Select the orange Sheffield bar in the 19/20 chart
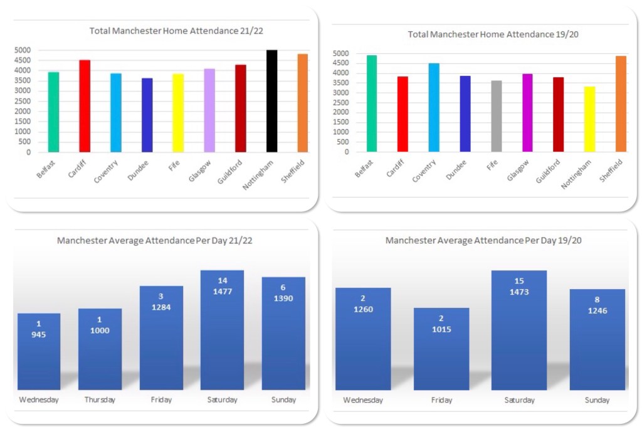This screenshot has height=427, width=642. pos(621,104)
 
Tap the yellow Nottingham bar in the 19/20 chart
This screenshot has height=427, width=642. pos(589,119)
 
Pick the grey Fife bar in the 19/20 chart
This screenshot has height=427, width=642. pos(497,116)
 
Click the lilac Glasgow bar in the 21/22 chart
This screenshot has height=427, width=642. pos(209,110)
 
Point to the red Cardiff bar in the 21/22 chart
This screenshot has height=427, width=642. pos(85,106)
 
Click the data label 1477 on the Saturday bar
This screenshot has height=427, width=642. pos(222,291)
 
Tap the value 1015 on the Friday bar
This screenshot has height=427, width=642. pos(441,329)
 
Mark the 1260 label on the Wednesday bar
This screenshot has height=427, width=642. pos(363,309)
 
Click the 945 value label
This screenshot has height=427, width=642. pos(39,335)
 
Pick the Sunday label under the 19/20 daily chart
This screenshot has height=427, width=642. pos(596,400)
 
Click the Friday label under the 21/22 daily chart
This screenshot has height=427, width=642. pos(161,399)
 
